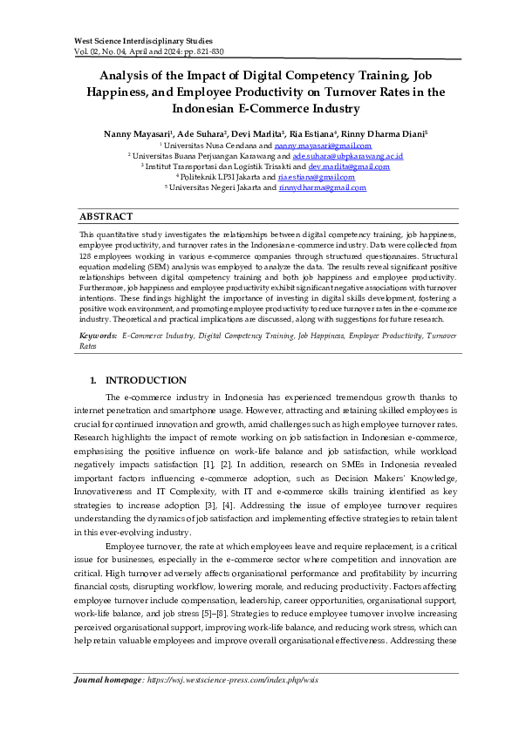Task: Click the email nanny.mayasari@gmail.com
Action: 311,146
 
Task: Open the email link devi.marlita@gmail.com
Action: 349,167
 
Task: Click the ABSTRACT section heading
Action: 106,216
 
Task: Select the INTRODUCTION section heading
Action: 145,381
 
